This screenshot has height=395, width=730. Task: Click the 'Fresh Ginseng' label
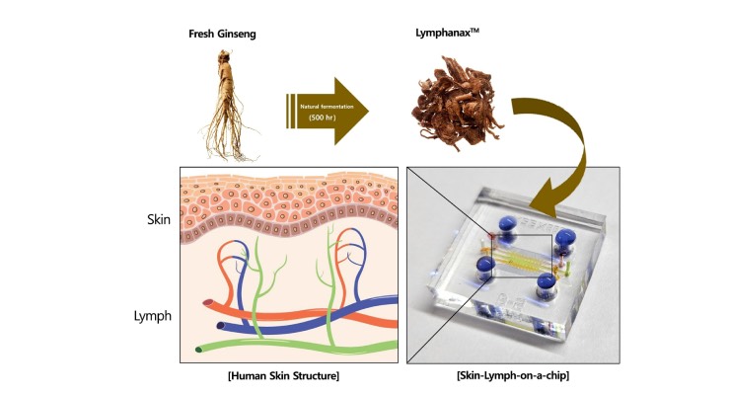pos(222,34)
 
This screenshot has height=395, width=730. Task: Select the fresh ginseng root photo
pos(228,106)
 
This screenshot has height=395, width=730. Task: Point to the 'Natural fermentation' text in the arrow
pos(327,107)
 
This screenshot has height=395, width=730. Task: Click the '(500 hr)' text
pos(323,118)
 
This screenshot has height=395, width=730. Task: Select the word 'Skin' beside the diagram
pos(159,219)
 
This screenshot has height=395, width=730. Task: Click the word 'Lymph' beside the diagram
pos(153,316)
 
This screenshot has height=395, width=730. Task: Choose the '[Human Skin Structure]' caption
pos(283,375)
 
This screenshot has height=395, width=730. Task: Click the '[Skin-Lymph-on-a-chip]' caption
pos(513,375)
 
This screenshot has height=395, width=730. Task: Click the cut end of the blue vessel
pos(221,326)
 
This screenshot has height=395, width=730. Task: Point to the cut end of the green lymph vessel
pos(199,350)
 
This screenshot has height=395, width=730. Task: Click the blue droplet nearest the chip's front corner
pos(546,282)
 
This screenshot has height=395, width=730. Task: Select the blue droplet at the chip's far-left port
pos(485,266)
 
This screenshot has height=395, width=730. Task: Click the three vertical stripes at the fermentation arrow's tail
pos(291,111)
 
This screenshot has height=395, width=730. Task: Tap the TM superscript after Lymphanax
pos(474,31)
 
